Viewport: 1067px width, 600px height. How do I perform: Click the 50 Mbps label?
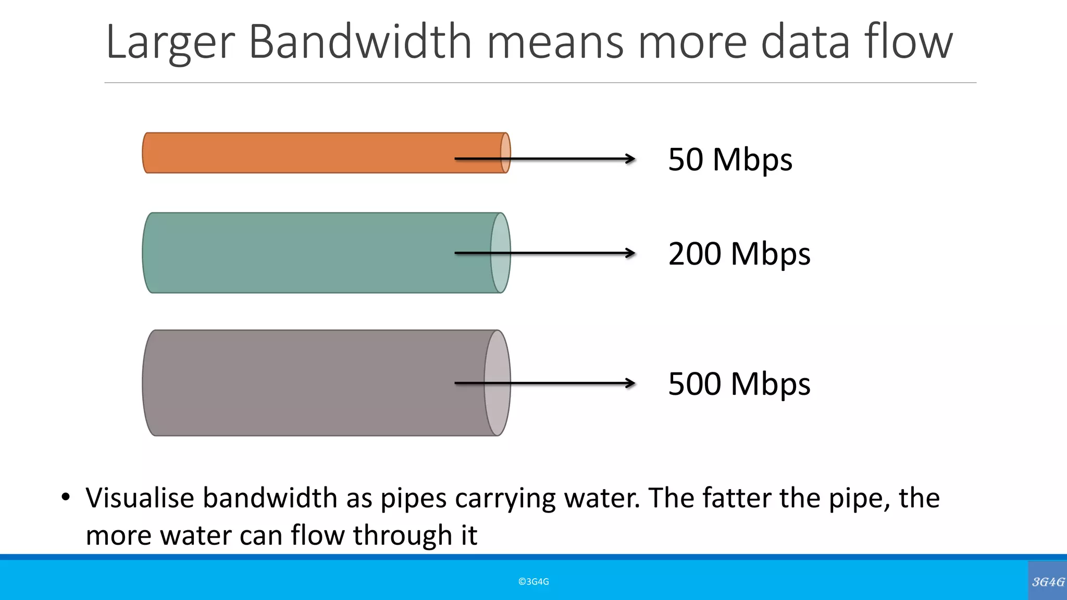(x=730, y=159)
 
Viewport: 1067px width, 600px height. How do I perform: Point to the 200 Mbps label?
(x=739, y=254)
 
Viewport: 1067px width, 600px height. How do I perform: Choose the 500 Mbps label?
(x=739, y=384)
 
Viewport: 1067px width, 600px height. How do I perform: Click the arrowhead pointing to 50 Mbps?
(x=630, y=158)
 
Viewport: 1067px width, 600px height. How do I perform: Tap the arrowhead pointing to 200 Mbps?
(x=630, y=253)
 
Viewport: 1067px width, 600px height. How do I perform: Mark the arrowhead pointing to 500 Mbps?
(x=630, y=383)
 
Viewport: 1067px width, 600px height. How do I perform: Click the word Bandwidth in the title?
(x=360, y=41)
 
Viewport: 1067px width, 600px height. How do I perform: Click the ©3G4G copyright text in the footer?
(x=533, y=582)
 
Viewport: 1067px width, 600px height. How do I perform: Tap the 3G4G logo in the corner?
(x=1048, y=582)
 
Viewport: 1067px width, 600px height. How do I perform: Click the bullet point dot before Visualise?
(x=65, y=497)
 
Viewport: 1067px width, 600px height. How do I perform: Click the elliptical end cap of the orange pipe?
(x=505, y=153)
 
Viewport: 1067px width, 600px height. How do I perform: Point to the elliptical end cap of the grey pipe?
(x=497, y=383)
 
